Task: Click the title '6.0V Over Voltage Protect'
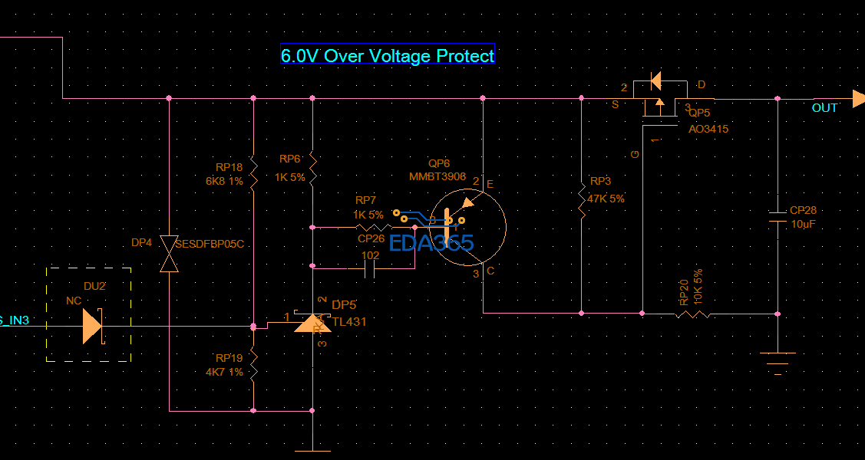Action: coord(388,55)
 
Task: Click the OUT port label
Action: coord(824,108)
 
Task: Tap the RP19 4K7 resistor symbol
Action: coord(253,366)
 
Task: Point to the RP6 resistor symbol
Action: coord(312,168)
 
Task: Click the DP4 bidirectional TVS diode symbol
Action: coord(169,254)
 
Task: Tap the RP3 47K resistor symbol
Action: coord(581,202)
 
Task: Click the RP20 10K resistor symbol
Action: coord(691,314)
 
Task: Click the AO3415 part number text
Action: coord(708,129)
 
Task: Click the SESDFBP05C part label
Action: coord(209,244)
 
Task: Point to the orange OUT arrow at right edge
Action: coord(858,99)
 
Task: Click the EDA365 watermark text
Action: coord(431,243)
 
